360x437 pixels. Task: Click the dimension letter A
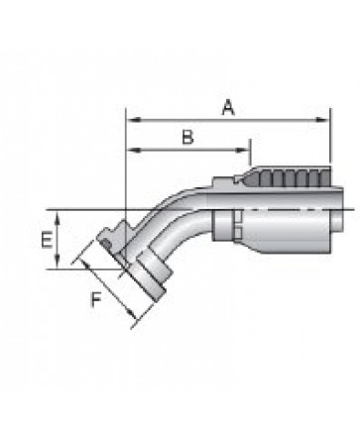coord(228,108)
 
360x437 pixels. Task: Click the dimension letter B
coord(187,137)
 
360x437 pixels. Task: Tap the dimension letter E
coord(47,240)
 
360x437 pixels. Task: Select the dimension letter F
coord(96,300)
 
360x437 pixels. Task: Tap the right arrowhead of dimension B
coord(243,151)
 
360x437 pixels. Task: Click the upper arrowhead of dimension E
coord(58,217)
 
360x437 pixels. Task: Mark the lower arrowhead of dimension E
coord(58,262)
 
